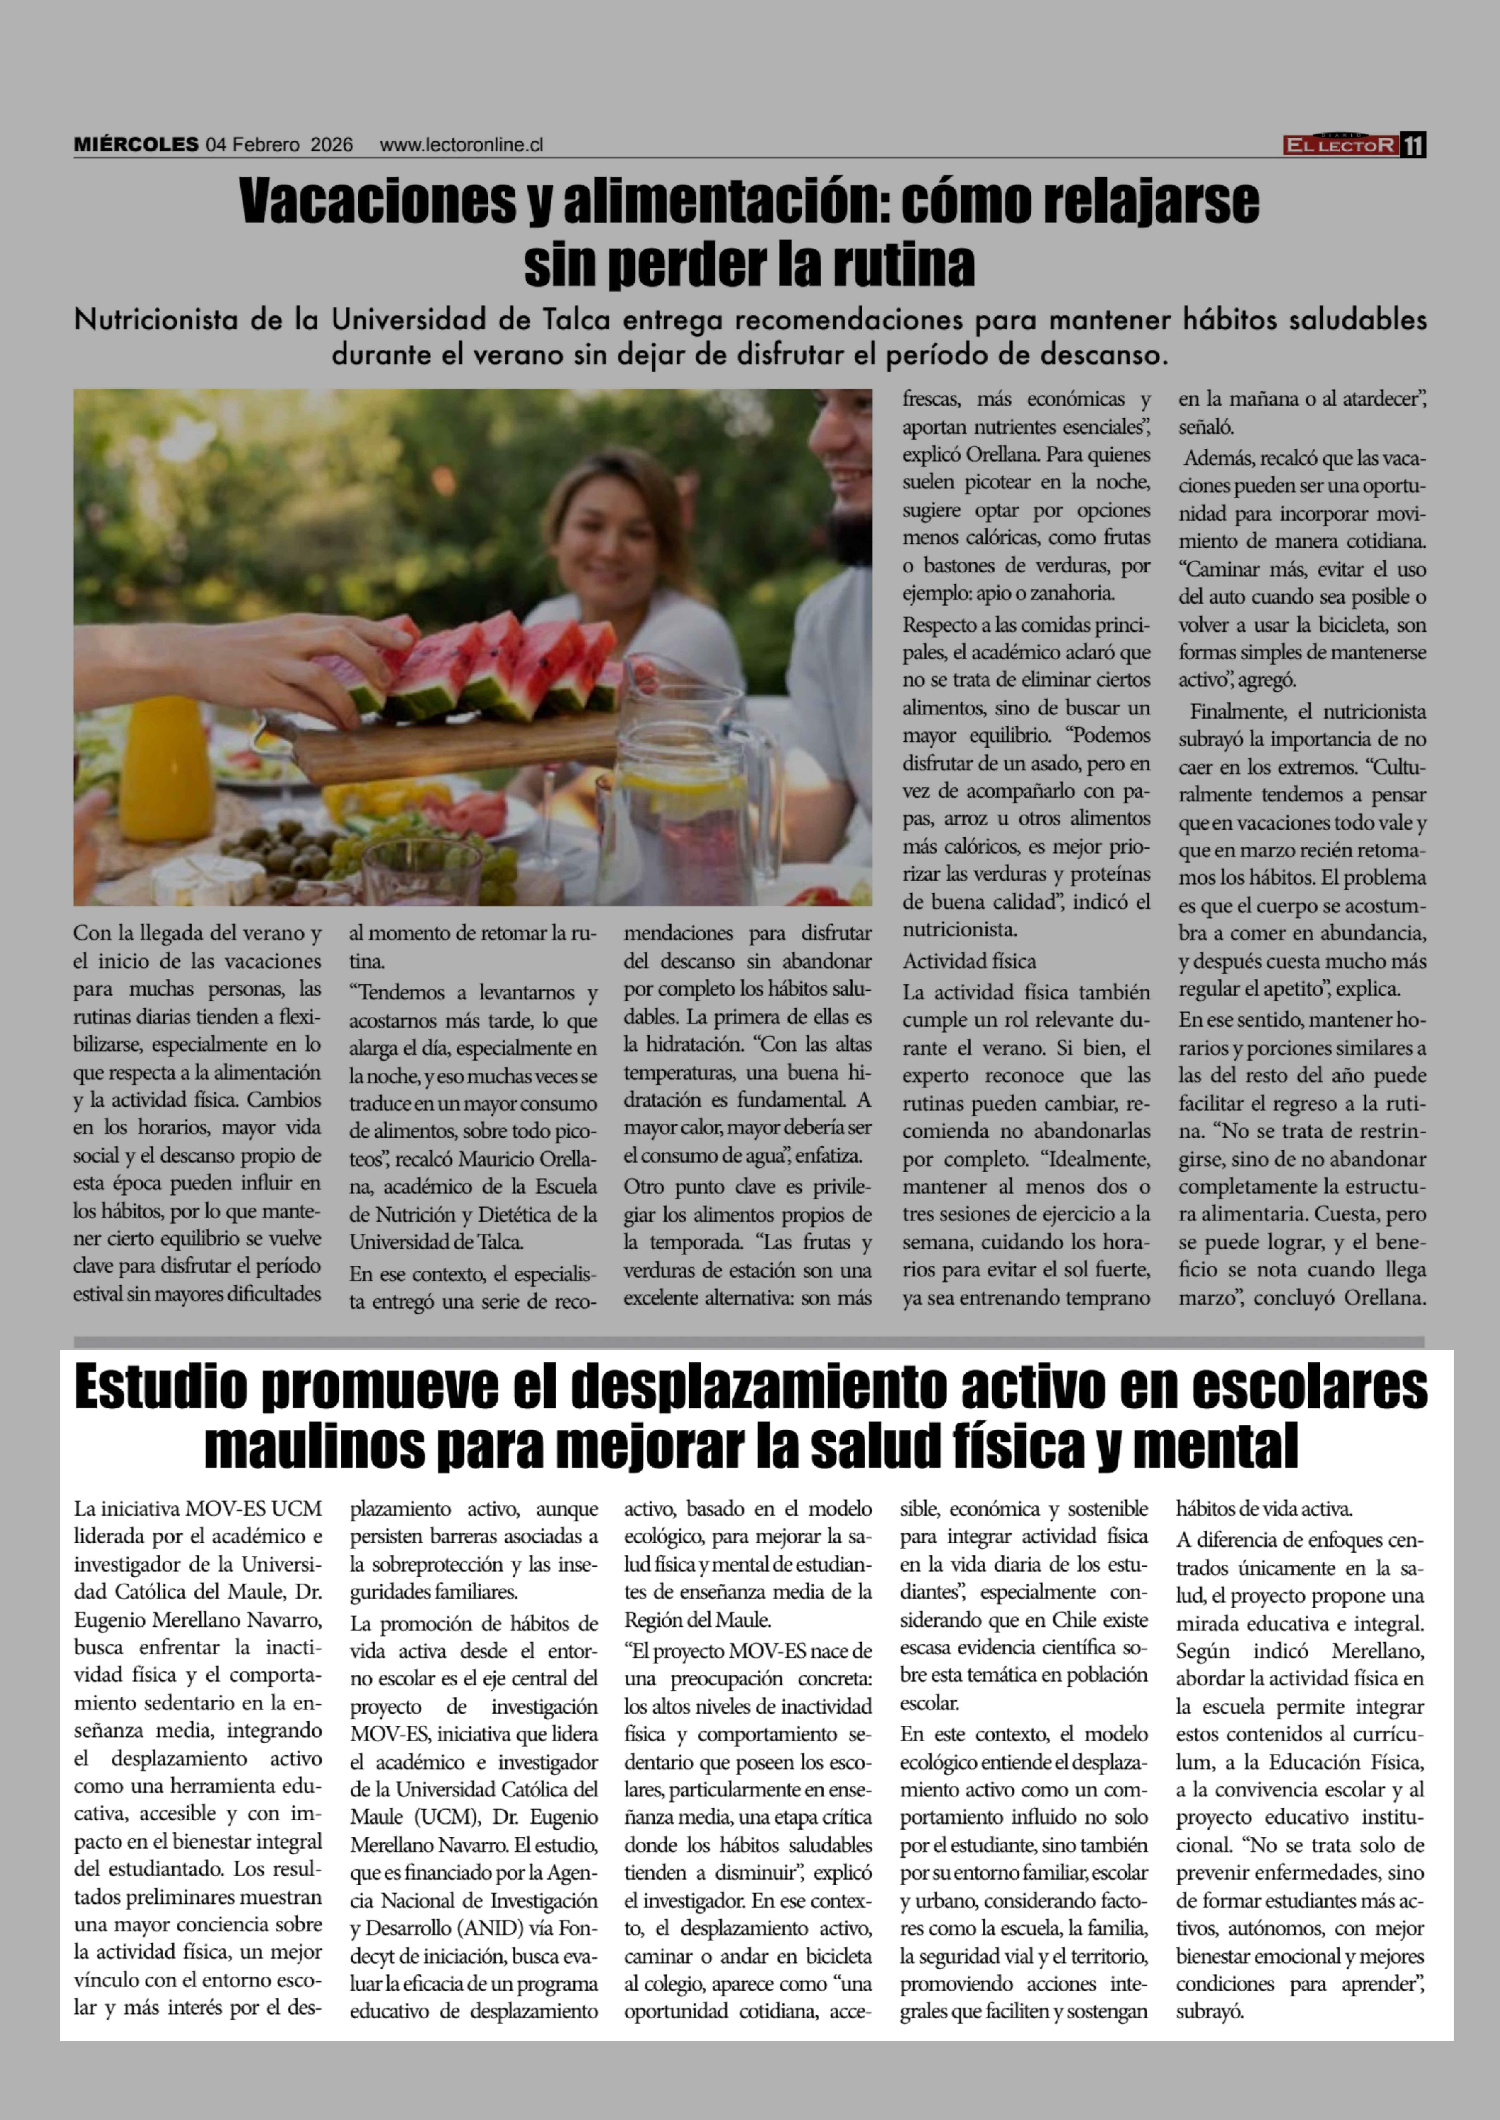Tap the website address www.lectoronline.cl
pyautogui.click(x=461, y=145)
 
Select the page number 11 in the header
pyautogui.click(x=1413, y=145)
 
